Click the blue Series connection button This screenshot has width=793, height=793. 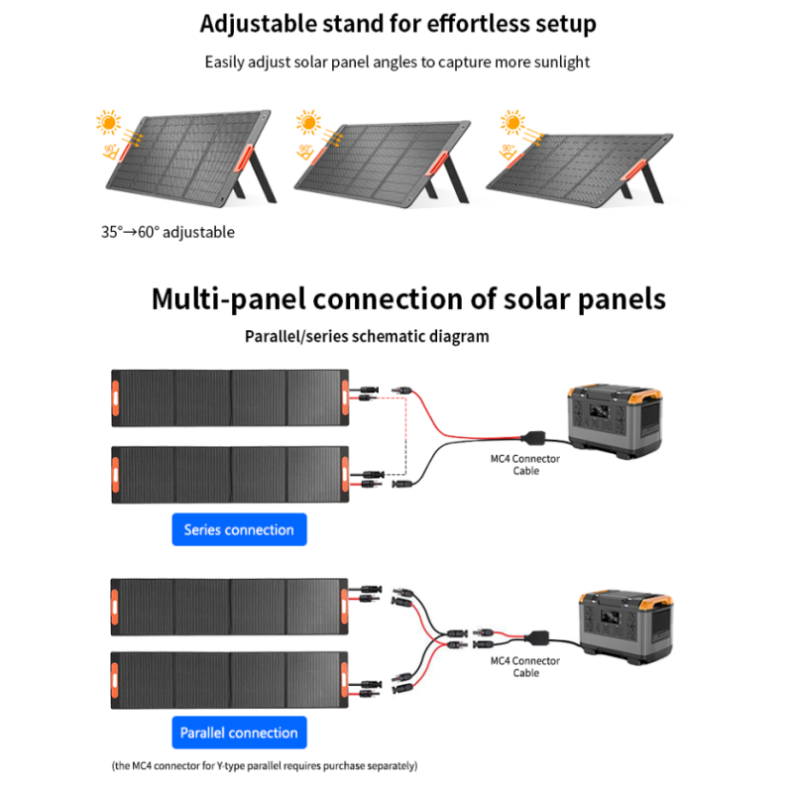239,529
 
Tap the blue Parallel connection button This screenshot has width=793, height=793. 239,733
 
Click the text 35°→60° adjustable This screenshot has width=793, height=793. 168,232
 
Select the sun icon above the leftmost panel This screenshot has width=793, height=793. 109,124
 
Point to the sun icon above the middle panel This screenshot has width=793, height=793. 308,124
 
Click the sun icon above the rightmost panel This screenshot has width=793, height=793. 511,123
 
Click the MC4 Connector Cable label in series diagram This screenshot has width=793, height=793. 526,465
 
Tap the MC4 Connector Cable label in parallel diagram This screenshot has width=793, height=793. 526,666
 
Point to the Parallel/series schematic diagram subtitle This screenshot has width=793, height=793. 367,336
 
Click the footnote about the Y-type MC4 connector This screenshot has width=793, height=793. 264,766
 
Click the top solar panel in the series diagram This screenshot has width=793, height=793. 230,397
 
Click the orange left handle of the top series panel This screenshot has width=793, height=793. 116,396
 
